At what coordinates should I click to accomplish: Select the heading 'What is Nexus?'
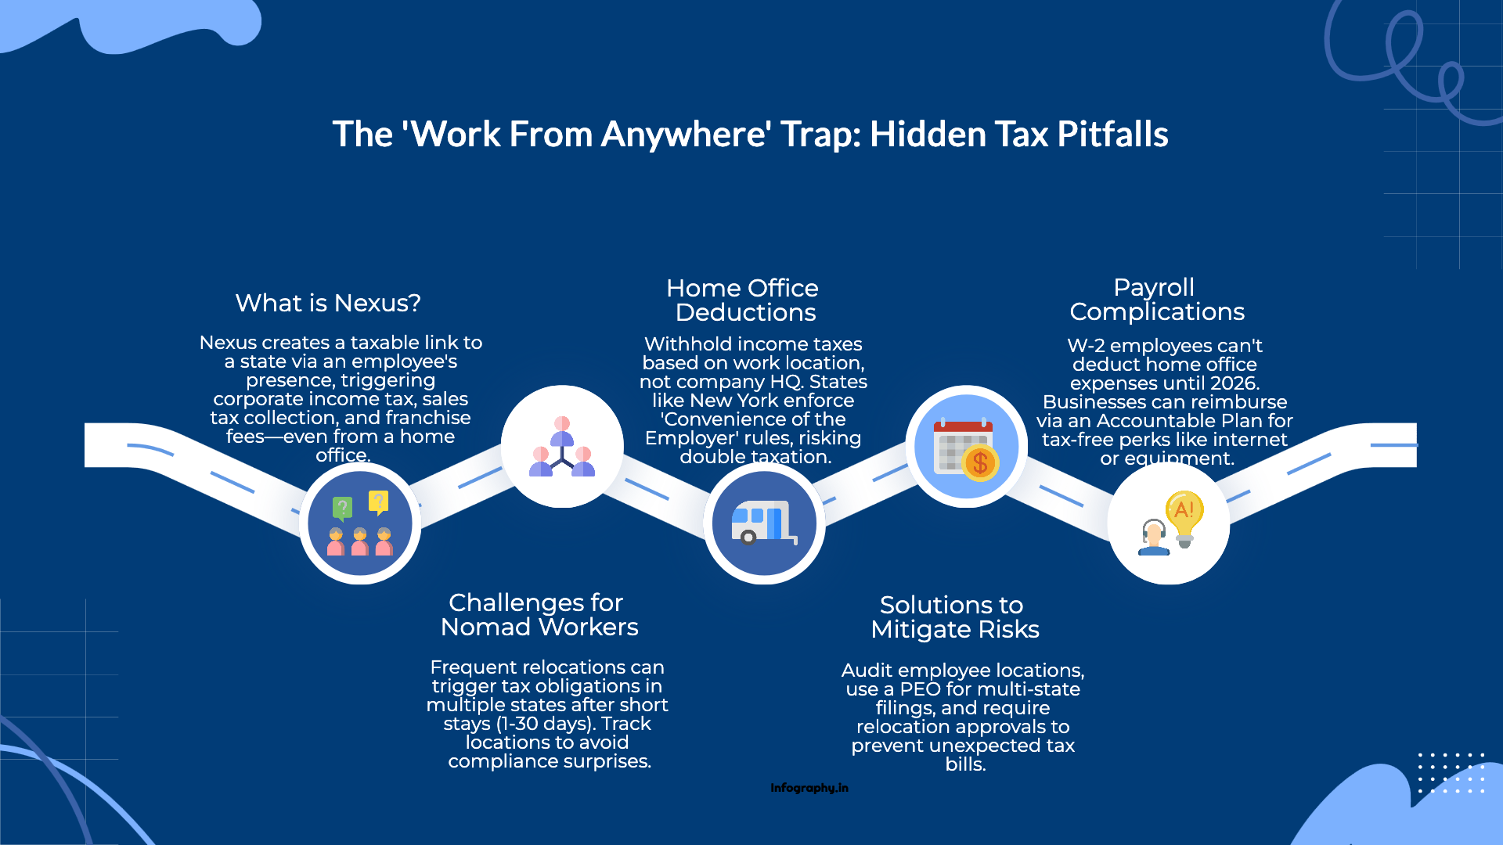pos(328,303)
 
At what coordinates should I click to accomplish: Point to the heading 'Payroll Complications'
pos(1156,300)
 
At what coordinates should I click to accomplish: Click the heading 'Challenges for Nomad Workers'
pos(539,615)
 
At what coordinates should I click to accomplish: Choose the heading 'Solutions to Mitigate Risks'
pos(954,617)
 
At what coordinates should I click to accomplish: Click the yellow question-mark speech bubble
pos(378,502)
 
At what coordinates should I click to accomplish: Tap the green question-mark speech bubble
pos(342,508)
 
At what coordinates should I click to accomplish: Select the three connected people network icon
pos(562,448)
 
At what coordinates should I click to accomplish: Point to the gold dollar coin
pos(980,463)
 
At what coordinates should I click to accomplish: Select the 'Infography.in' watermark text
pos(809,788)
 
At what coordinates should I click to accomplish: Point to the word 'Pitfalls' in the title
pos(1112,135)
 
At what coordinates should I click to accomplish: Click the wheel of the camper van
pos(748,538)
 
